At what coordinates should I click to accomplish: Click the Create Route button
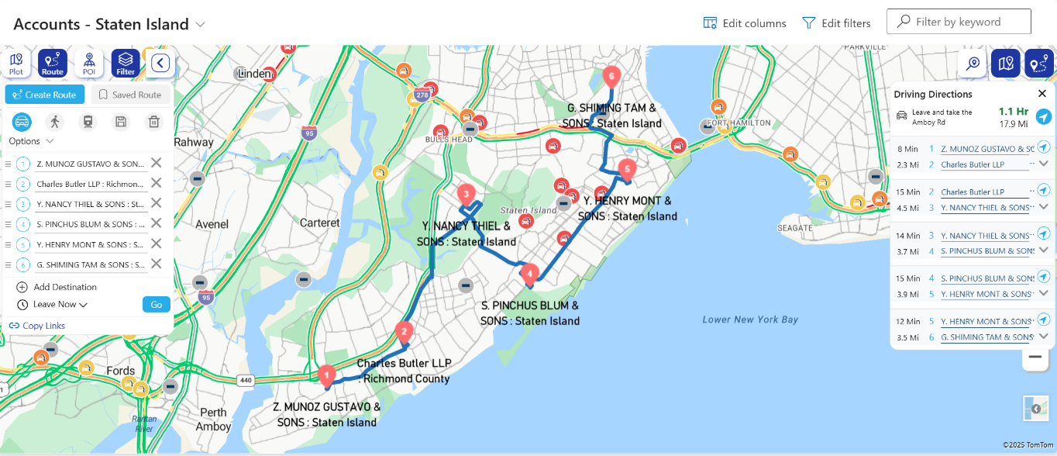click(x=45, y=95)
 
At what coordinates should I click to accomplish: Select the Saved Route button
click(x=130, y=95)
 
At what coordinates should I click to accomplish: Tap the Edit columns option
click(x=744, y=23)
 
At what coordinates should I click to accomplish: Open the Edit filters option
click(x=836, y=23)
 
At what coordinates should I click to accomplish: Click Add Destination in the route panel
click(x=65, y=287)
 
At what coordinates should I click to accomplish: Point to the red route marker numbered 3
click(x=466, y=194)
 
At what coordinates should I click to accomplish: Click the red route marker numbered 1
click(x=326, y=375)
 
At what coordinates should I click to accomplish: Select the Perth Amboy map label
click(x=213, y=420)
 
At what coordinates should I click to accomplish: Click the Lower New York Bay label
click(x=750, y=320)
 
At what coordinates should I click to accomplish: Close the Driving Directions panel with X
click(x=1042, y=94)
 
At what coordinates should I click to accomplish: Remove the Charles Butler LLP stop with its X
click(x=156, y=184)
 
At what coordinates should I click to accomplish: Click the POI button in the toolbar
click(x=89, y=63)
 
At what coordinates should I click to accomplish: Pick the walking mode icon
click(x=54, y=122)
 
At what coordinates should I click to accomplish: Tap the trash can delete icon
click(x=154, y=122)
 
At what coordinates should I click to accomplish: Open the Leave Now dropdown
click(x=60, y=305)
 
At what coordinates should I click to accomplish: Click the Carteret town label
click(x=320, y=223)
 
